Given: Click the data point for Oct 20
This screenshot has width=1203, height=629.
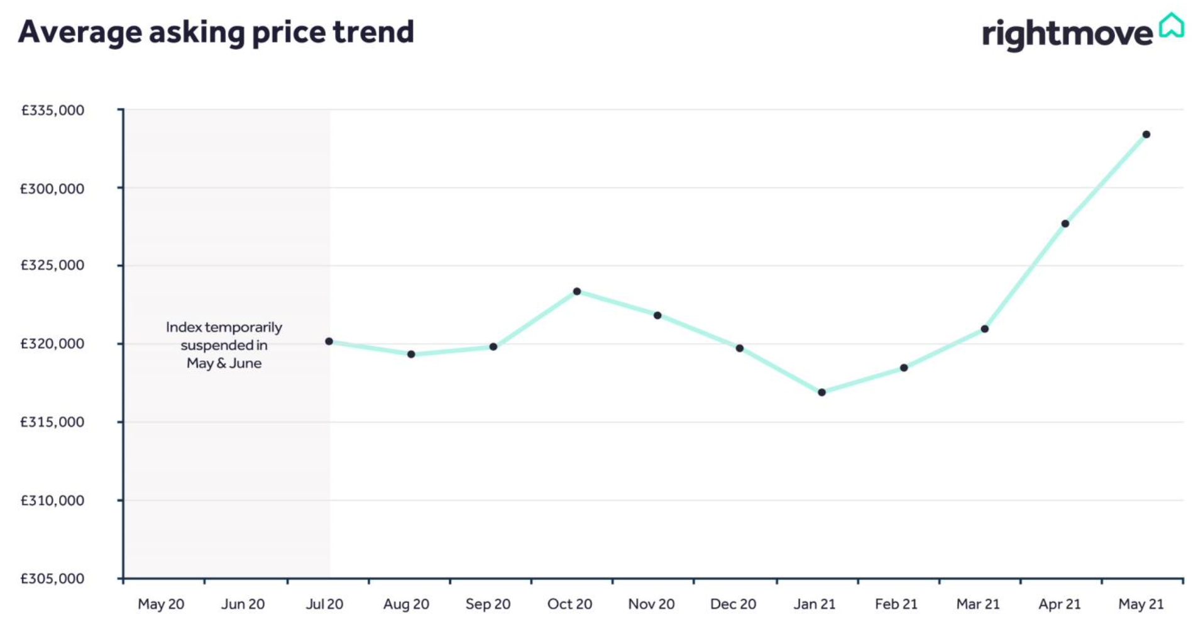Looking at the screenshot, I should coord(576,291).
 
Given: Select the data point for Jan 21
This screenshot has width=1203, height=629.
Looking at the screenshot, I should coord(821,392).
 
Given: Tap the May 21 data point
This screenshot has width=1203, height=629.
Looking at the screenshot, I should coord(1146,135).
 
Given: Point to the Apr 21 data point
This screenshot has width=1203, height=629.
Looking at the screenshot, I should coord(1065,224).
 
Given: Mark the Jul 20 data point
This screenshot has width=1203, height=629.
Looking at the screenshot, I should coord(329,342).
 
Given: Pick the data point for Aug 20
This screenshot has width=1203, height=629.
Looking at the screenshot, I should coord(411,354).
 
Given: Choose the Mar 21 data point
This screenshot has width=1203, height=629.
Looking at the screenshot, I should coord(984,329).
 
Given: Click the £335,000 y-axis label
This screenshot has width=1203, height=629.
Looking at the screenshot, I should coord(53,111).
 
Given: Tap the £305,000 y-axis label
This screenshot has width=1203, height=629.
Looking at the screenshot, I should coord(53,579).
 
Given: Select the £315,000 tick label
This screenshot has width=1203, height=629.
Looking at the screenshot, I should coord(53,422).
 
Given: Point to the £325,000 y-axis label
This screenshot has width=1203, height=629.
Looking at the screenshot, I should coord(53,265).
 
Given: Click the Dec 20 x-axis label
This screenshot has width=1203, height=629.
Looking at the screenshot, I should coord(733,604).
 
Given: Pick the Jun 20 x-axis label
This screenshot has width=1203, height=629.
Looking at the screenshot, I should coord(243,604).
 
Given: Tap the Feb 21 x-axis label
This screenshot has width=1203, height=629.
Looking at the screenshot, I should coord(896,604).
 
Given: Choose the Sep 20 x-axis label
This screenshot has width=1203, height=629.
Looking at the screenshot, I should coord(488,604).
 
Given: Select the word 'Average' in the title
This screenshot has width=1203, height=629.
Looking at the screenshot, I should coord(80,32).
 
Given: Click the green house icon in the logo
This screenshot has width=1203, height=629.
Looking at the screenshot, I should coord(1172,26).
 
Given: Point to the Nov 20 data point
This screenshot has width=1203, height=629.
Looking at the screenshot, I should coord(657,315).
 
